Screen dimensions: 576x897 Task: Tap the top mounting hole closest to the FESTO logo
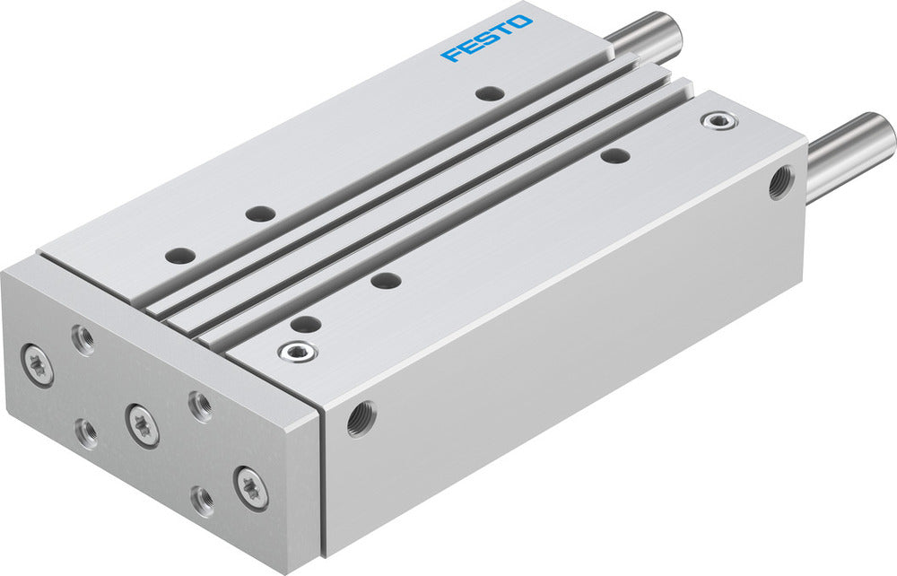coord(489,92)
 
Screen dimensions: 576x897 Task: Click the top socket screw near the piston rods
coord(715,119)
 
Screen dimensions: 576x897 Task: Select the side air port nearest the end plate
coord(361,418)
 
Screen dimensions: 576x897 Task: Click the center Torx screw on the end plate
coord(143,423)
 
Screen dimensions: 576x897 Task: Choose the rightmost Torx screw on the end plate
coord(250,488)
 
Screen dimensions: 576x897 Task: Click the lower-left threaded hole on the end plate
coord(87,433)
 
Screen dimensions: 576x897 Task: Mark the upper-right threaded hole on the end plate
coord(200,406)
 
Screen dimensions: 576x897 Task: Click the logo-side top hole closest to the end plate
coord(179,254)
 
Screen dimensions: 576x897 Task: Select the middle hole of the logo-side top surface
coord(260,214)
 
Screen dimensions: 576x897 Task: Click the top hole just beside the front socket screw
coord(306,324)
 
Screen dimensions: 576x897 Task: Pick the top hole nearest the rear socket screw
coord(614,155)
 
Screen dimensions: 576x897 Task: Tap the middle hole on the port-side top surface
coord(386,280)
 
